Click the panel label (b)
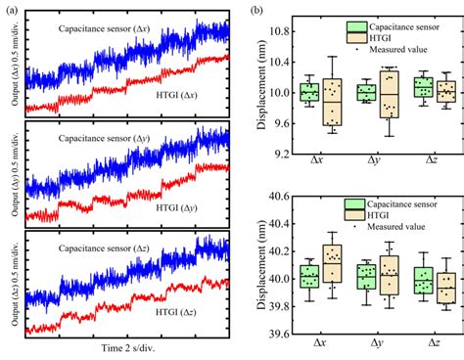click(256, 12)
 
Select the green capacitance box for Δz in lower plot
click(423, 280)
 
